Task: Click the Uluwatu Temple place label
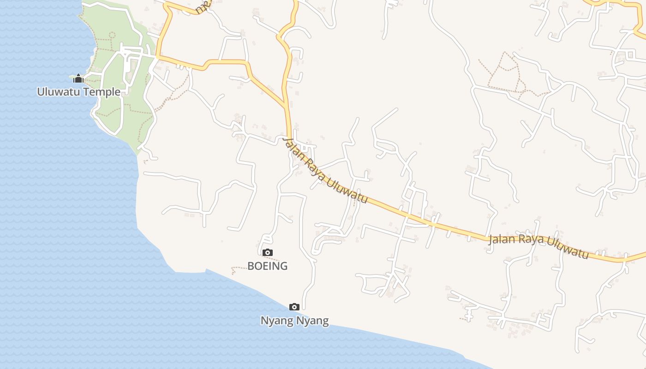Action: pyautogui.click(x=78, y=92)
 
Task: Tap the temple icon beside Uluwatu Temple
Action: pyautogui.click(x=78, y=78)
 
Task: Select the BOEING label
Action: pyautogui.click(x=268, y=266)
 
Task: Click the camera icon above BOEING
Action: pyautogui.click(x=267, y=252)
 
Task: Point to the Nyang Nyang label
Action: pyautogui.click(x=294, y=321)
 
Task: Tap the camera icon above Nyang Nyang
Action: pyautogui.click(x=294, y=307)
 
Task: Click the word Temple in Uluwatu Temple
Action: pyautogui.click(x=102, y=92)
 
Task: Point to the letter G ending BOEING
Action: pyautogui.click(x=283, y=266)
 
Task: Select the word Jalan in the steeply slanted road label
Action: pyautogui.click(x=294, y=149)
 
